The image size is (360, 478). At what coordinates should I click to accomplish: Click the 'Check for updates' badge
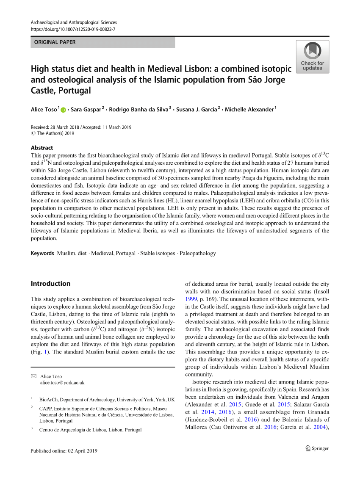(x=312, y=57)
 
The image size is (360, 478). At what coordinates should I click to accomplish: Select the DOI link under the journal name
(x=73, y=29)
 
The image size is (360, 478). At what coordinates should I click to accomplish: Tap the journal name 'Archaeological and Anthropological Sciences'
(x=74, y=22)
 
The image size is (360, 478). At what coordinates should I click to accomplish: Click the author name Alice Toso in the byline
(x=44, y=110)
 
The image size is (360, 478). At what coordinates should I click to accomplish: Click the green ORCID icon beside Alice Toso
(x=64, y=110)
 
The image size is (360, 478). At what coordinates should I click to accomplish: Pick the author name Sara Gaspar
(x=86, y=110)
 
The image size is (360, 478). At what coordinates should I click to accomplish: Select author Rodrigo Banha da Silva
(x=138, y=110)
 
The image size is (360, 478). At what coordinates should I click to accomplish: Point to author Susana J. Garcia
(x=196, y=110)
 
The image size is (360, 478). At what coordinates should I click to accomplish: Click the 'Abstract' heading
(x=42, y=148)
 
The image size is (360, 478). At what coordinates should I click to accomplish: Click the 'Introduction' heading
(x=51, y=284)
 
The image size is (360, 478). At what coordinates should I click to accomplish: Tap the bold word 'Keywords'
(x=42, y=253)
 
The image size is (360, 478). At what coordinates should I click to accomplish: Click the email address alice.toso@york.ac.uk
(x=62, y=382)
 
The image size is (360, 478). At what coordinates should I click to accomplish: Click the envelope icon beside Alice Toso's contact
(x=34, y=376)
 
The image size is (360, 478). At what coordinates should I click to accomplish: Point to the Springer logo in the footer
(x=317, y=448)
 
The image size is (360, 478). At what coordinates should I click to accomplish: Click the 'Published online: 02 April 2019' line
(x=64, y=450)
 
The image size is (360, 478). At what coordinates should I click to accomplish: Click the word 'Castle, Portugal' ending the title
(x=61, y=90)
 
